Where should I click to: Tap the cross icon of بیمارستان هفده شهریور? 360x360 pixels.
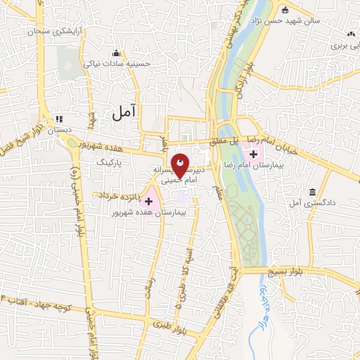148,201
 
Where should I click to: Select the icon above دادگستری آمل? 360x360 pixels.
312,192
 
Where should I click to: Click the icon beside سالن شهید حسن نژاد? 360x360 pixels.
285,11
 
